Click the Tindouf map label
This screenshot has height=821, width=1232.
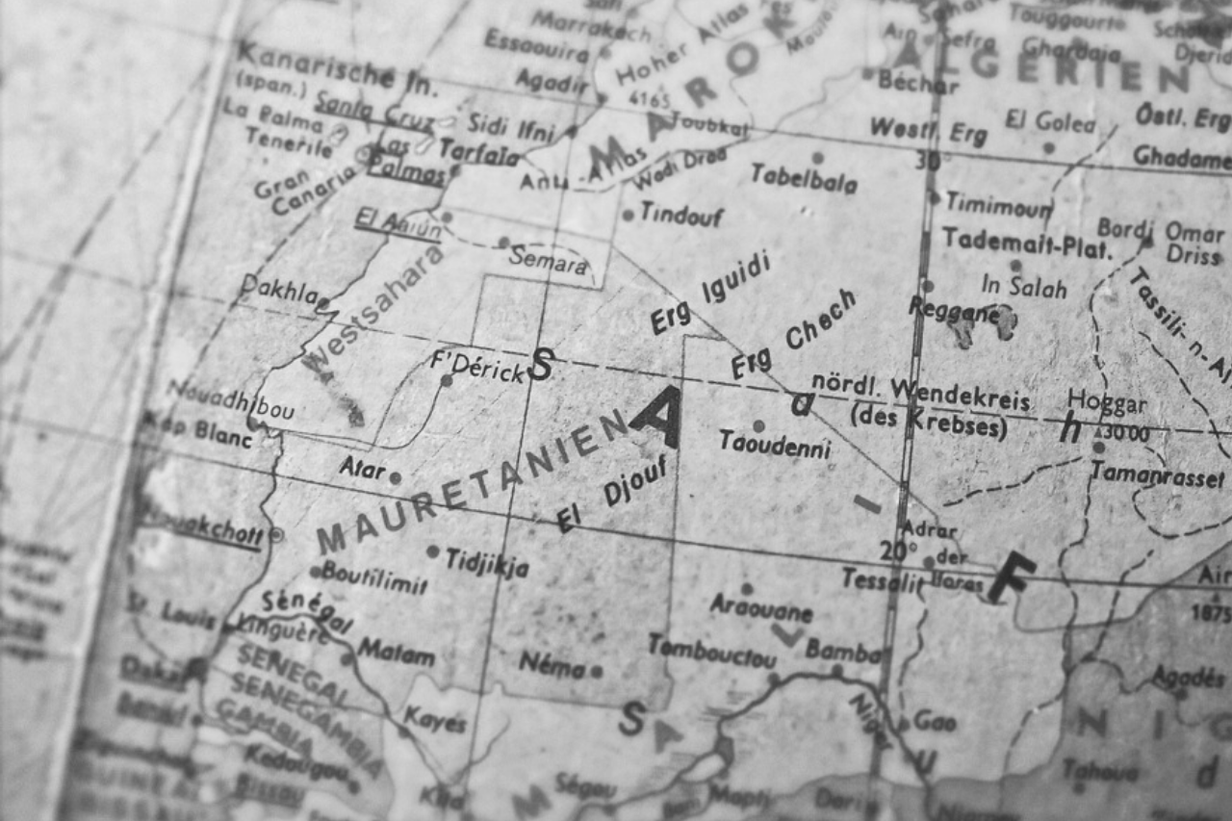tap(681, 214)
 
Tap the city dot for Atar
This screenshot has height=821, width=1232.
tap(395, 476)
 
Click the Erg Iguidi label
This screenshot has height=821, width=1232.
tap(710, 292)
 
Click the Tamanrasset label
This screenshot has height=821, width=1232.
tap(1157, 474)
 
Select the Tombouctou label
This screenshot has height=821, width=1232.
tap(712, 652)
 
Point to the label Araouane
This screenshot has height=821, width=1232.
tap(761, 607)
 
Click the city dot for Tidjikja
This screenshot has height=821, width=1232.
tap(433, 552)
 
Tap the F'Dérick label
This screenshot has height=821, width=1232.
tap(477, 367)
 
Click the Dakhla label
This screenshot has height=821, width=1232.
tap(278, 289)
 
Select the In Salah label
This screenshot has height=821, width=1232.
tap(1023, 287)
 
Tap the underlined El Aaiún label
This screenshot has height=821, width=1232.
tap(398, 224)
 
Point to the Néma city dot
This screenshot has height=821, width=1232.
tap(597, 671)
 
